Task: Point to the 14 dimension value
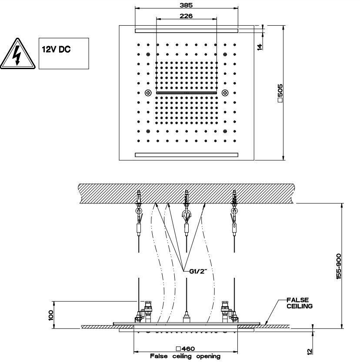click(x=260, y=47)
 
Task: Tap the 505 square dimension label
click(x=280, y=93)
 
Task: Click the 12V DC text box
click(x=64, y=53)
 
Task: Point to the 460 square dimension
click(x=185, y=349)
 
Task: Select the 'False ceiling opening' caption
click(x=185, y=356)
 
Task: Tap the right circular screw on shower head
click(x=225, y=92)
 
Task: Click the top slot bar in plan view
click(x=187, y=30)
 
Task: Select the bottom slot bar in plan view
click(x=187, y=154)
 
